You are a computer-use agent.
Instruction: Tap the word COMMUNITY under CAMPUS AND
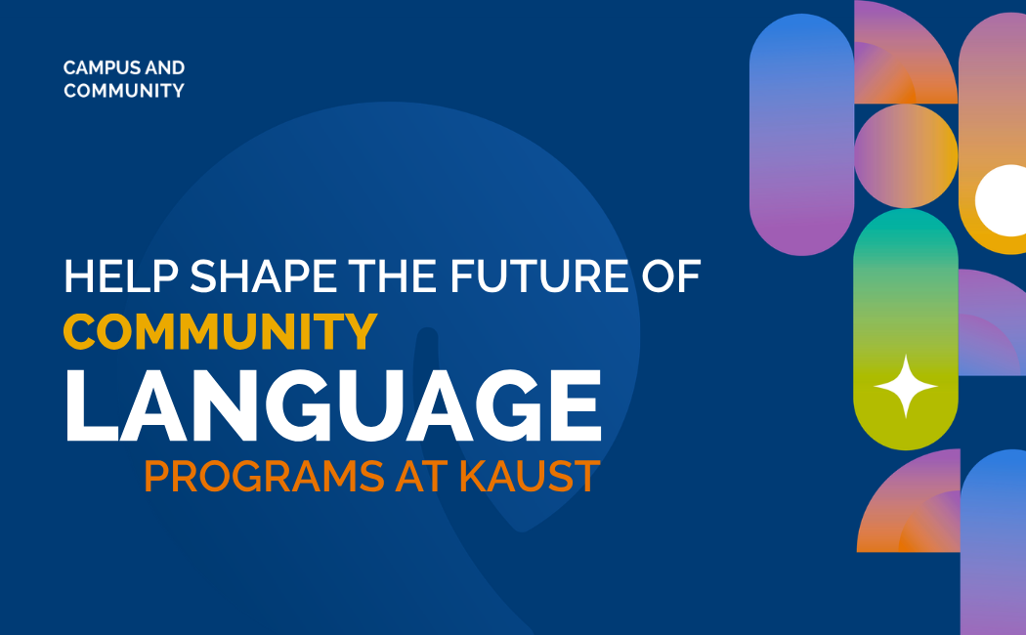[124, 90]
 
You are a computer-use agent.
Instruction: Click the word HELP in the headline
[121, 275]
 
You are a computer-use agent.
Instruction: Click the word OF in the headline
[670, 275]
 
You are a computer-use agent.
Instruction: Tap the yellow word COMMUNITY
[221, 331]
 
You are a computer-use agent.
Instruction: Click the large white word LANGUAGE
[333, 406]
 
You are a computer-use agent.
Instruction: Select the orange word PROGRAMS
[264, 476]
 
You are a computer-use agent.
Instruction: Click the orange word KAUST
[530, 476]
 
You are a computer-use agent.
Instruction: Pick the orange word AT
[421, 476]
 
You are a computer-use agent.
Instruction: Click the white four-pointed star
[906, 387]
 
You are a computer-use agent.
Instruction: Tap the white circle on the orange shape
[1002, 201]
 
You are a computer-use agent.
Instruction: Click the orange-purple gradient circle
[906, 156]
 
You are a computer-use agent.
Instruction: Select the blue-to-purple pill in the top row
[801, 134]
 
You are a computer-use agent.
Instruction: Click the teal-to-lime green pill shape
[906, 329]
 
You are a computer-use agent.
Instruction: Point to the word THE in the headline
[393, 275]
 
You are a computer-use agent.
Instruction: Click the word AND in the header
[165, 67]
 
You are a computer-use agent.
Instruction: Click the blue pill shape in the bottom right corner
[994, 542]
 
